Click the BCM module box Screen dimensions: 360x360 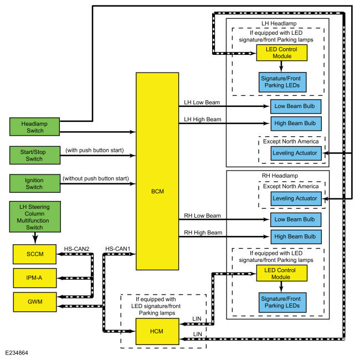(x=157, y=171)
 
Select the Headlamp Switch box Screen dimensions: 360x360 (x=35, y=127)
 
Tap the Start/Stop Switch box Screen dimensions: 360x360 (x=35, y=155)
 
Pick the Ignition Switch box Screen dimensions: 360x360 (x=35, y=183)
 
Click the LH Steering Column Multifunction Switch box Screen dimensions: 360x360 (x=35, y=217)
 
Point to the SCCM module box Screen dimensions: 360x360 (x=35, y=254)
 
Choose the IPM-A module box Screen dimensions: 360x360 (x=35, y=278)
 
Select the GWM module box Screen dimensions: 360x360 (x=35, y=302)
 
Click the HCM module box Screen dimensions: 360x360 (x=157, y=331)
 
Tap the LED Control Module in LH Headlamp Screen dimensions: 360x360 (x=282, y=53)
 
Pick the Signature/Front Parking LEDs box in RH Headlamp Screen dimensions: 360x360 (x=282, y=302)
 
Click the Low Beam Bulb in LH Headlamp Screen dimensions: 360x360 (x=296, y=106)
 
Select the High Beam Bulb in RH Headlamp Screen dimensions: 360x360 (x=296, y=236)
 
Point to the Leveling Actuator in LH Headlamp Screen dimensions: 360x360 (x=296, y=153)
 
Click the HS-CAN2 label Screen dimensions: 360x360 (x=76, y=249)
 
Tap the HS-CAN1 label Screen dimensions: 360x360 (x=118, y=249)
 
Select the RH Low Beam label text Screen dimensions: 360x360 (x=202, y=215)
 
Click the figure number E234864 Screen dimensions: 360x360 (x=17, y=353)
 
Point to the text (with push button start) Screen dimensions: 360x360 (x=95, y=150)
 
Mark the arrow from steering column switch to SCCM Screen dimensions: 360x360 (x=35, y=238)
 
